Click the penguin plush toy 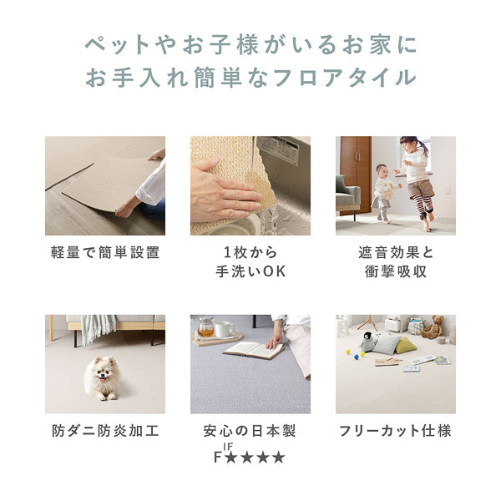[367, 342]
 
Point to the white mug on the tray [224, 329]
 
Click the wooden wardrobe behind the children [355, 171]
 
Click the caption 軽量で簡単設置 [105, 251]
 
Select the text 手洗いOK [250, 271]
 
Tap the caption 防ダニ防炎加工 [105, 431]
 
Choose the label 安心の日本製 [250, 431]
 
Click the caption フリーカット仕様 [395, 431]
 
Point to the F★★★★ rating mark [250, 456]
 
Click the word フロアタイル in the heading [351, 78]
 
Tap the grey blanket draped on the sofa [99, 329]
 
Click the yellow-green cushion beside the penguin [403, 344]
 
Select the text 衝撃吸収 [395, 271]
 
